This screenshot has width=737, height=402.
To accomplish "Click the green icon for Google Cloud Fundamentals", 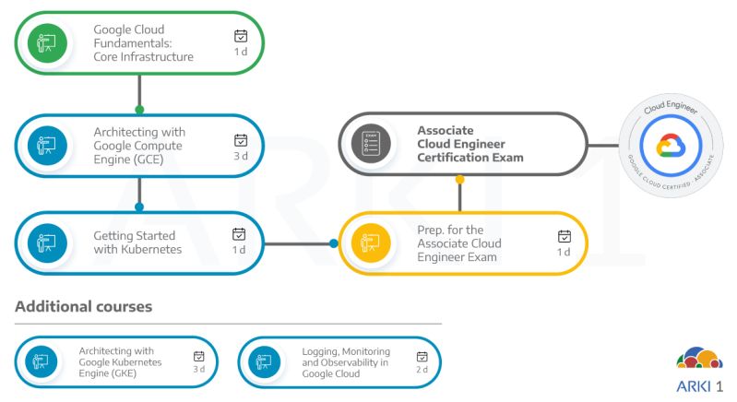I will point(47,42).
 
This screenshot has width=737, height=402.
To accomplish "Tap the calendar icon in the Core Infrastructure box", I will point(241,36).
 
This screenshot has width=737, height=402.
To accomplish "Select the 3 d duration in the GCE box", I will point(241,156).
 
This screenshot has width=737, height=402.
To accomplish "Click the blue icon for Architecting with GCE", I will point(47,145).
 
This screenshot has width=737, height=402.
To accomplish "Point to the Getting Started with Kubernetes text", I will point(137,242).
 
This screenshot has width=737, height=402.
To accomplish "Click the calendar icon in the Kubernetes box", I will point(239,234).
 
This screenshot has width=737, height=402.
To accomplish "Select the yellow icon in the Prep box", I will point(370,243).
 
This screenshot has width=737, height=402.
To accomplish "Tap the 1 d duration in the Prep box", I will point(564,252).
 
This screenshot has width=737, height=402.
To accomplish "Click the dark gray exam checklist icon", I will point(371,144).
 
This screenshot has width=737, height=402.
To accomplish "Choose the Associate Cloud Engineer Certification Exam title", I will point(470,144).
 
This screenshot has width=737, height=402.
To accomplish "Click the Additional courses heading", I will point(83,306).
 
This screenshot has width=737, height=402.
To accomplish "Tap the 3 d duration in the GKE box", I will point(198,369).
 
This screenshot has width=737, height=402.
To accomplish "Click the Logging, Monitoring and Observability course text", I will point(346,362).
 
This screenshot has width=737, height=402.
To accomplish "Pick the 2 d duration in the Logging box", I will point(422,369).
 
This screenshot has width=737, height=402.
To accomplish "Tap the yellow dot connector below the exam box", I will point(460,179).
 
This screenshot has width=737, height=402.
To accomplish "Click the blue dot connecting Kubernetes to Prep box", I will point(334,243).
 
